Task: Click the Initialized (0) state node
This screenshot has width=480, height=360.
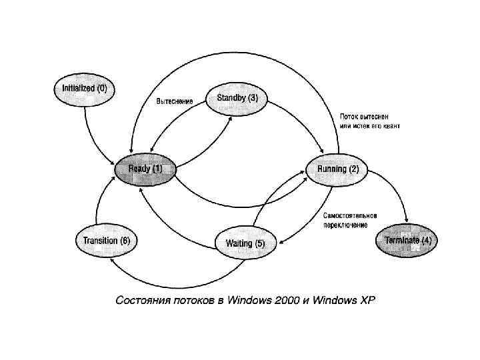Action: [x=85, y=89]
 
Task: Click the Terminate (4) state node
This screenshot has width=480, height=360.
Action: [x=407, y=240]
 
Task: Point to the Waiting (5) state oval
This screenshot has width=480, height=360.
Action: [x=245, y=243]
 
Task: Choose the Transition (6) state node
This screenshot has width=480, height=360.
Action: [x=107, y=240]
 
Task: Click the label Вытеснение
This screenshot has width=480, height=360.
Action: [x=175, y=101]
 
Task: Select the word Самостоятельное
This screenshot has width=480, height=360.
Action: [x=351, y=215]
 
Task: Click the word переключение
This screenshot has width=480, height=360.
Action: [x=345, y=225]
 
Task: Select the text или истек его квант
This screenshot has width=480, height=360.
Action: [x=369, y=125]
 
